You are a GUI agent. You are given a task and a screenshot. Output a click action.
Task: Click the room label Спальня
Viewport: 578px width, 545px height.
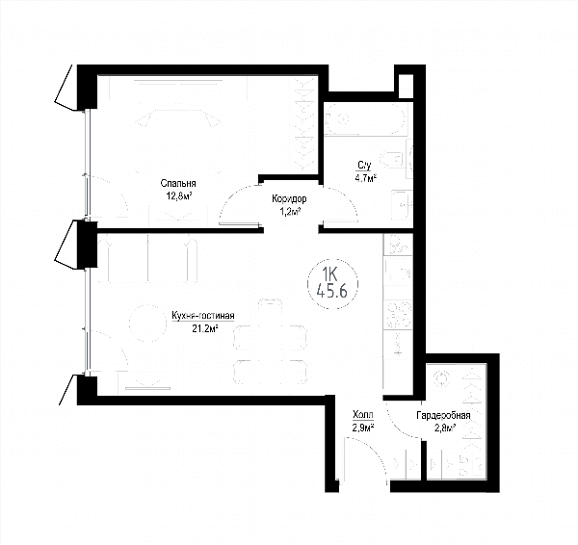pyautogui.click(x=178, y=184)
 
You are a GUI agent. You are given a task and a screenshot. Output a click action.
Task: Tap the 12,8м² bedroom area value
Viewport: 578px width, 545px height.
pyautogui.click(x=179, y=195)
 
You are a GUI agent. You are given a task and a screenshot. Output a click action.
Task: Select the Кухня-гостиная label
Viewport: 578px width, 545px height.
pyautogui.click(x=203, y=316)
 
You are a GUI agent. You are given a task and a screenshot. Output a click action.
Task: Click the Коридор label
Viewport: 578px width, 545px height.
pyautogui.click(x=289, y=199)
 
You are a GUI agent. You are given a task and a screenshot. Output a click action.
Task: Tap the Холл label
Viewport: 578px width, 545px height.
pyautogui.click(x=363, y=415)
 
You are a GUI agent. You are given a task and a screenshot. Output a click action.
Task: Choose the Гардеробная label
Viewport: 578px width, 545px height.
pyautogui.click(x=443, y=416)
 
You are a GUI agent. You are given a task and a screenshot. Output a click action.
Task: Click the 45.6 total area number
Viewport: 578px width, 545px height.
pyautogui.click(x=332, y=291)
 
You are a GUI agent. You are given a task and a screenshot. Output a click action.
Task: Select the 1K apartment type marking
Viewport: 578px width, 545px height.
pyautogui.click(x=329, y=274)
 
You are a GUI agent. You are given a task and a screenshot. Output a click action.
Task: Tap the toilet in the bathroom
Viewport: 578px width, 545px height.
pyautogui.click(x=393, y=159)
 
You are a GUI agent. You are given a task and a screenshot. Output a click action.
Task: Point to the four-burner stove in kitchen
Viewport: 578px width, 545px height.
pyautogui.click(x=397, y=315)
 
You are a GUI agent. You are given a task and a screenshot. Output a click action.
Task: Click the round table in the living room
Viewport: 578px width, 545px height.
pyautogui.click(x=148, y=324)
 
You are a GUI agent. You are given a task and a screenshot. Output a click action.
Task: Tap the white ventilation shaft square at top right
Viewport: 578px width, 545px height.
pyautogui.click(x=406, y=86)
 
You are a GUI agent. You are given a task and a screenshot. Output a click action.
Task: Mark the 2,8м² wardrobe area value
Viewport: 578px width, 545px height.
pyautogui.click(x=443, y=428)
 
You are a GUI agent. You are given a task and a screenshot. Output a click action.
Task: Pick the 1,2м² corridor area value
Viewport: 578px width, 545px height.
pyautogui.click(x=289, y=212)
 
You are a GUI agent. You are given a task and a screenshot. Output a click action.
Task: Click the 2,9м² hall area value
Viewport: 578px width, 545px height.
pyautogui.click(x=363, y=428)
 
